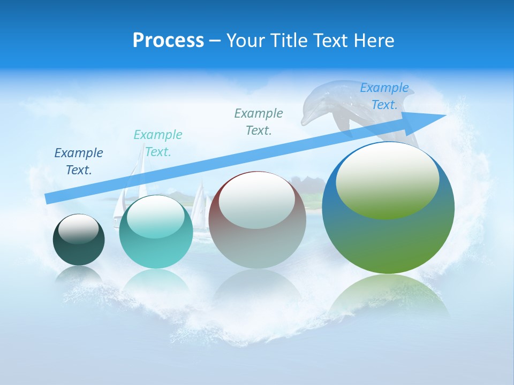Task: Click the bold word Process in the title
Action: [168, 40]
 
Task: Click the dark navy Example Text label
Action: [79, 161]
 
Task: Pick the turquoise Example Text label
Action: [158, 143]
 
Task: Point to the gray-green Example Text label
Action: [259, 122]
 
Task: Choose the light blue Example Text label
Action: [384, 96]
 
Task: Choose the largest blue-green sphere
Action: [388, 235]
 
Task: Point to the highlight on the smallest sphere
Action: [79, 229]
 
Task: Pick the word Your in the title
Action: [243, 40]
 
